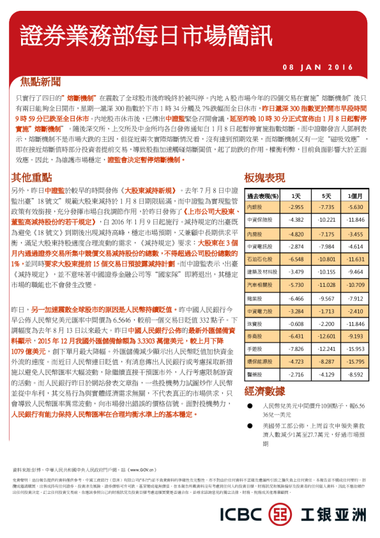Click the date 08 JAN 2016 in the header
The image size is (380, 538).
(317, 67)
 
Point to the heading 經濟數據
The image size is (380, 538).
(265, 392)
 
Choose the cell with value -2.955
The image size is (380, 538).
(296, 208)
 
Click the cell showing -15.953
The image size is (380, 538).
(355, 349)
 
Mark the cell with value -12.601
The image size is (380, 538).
(326, 336)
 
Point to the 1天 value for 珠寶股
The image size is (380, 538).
(296, 323)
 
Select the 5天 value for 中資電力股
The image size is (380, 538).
(326, 311)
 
